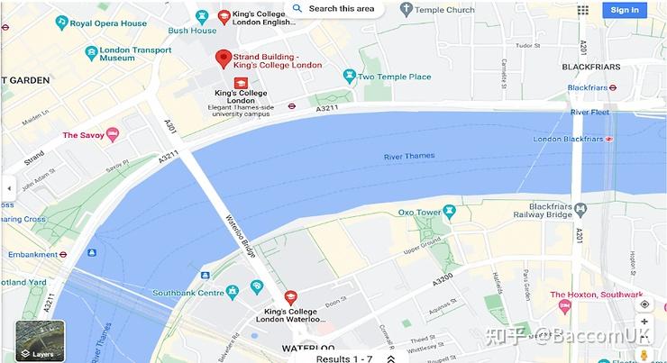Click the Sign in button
[625, 10]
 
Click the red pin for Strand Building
[224, 59]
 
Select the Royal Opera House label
[108, 23]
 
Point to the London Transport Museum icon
[91, 53]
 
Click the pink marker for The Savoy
[113, 135]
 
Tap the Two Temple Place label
[394, 77]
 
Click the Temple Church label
[443, 10]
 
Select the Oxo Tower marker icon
[450, 213]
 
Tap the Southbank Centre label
[187, 293]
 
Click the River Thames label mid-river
[409, 156]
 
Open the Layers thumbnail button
[41, 340]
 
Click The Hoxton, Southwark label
[597, 295]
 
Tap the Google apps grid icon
[583, 10]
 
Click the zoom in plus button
[644, 322]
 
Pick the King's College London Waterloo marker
[290, 296]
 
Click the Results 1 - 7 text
[343, 358]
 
